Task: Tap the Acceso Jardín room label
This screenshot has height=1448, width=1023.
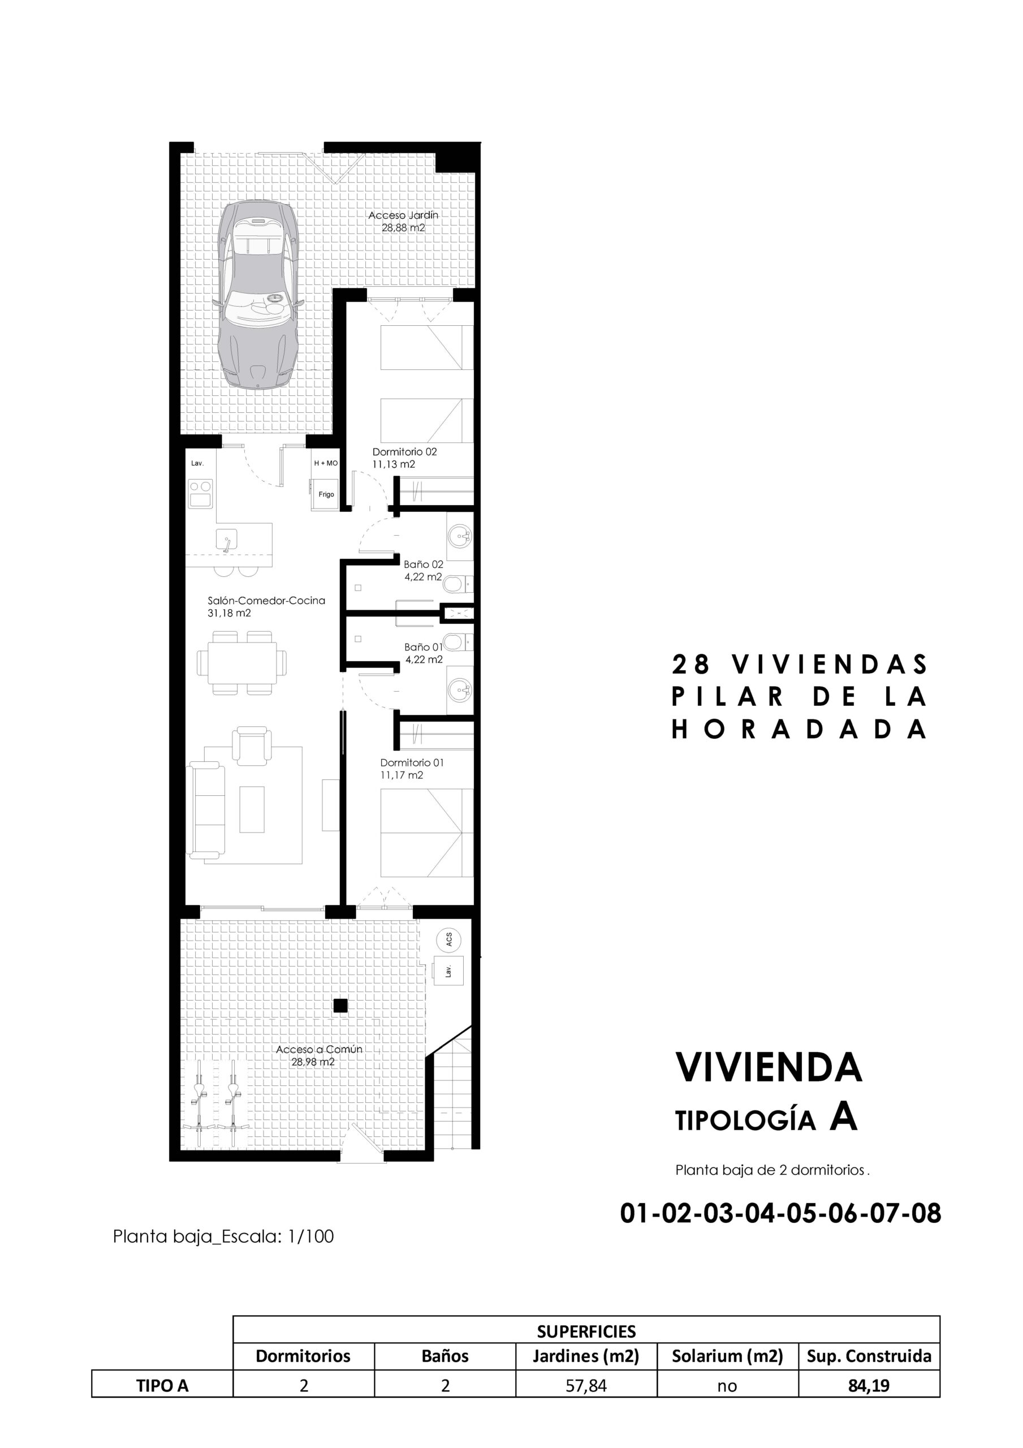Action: point(403,221)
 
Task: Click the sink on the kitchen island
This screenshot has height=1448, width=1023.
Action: point(226,541)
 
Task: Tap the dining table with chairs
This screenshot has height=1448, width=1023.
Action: point(241,663)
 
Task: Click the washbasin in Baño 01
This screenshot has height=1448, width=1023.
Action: point(460,691)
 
